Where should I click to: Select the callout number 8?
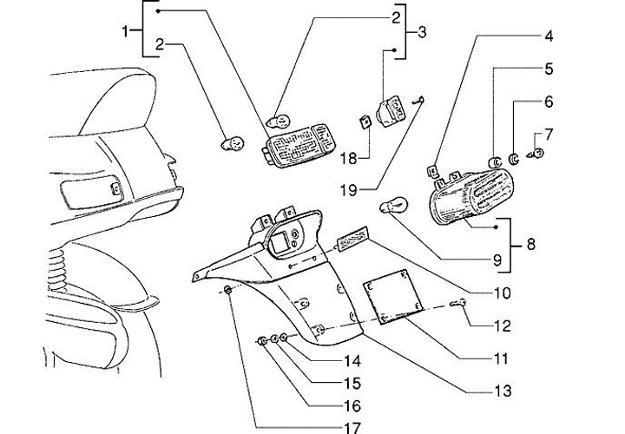[531, 245]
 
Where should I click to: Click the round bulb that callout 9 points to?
[396, 207]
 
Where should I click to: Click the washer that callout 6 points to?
[514, 159]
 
